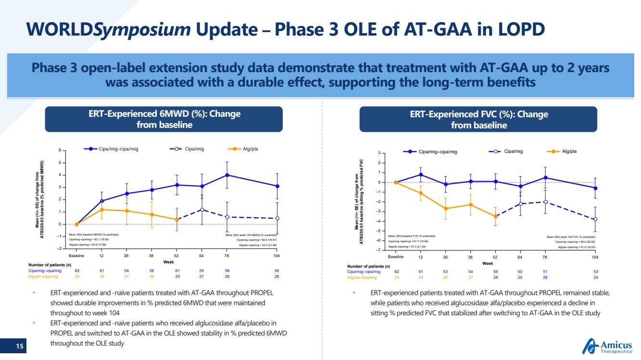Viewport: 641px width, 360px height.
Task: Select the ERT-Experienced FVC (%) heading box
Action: [x=478, y=119]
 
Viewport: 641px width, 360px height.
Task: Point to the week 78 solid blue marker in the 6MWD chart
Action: [x=227, y=175]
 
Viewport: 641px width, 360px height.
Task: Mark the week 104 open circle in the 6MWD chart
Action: [x=277, y=218]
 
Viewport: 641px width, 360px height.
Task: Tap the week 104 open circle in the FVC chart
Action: [x=596, y=219]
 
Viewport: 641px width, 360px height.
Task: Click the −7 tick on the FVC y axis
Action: [x=379, y=250]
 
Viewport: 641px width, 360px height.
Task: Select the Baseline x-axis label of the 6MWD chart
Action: [x=77, y=256]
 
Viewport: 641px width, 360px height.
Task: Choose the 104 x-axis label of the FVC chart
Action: [x=596, y=257]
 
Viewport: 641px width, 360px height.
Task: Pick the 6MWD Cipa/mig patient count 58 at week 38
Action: [x=151, y=271]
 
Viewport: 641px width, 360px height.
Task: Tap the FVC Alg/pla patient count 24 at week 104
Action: [x=596, y=277]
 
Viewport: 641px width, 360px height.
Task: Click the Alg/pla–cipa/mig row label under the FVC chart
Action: [x=362, y=277]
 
